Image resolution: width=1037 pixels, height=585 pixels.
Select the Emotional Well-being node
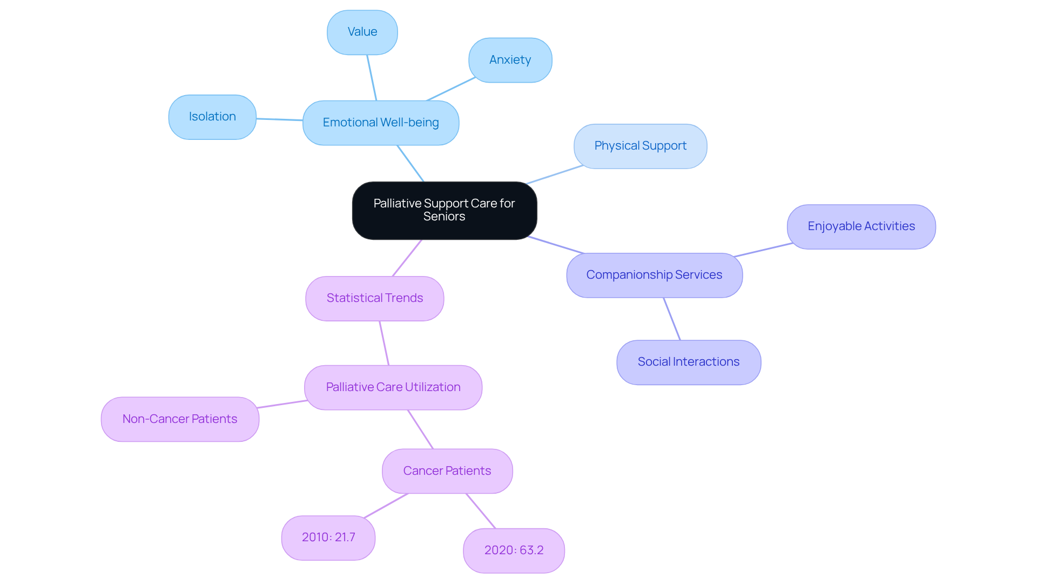tap(381, 123)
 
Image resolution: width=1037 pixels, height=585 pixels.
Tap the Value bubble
tap(362, 32)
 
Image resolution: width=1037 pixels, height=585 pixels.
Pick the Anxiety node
tap(510, 60)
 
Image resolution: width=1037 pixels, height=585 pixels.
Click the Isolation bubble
tap(212, 117)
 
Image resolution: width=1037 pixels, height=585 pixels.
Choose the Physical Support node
tap(640, 146)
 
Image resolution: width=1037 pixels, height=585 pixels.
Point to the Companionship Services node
tap(654, 275)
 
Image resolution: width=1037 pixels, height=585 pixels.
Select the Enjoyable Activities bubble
tap(861, 226)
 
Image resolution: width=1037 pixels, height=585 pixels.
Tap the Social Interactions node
tap(689, 362)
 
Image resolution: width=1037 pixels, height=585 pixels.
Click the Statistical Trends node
tap(374, 298)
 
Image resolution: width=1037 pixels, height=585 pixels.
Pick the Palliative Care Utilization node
tap(393, 387)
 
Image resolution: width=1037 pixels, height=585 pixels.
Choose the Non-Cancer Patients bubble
tap(180, 419)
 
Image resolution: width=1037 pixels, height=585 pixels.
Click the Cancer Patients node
tap(447, 471)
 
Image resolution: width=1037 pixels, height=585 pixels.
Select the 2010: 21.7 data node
tap(328, 537)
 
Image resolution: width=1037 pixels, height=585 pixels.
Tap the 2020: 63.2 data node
tap(514, 550)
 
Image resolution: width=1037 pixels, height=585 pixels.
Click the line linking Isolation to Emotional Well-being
tap(279, 119)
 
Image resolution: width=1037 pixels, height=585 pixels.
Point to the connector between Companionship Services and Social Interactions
tap(672, 319)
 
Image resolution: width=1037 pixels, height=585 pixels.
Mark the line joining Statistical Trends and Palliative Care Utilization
tap(384, 343)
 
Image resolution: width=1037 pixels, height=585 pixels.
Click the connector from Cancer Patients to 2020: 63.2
tap(481, 510)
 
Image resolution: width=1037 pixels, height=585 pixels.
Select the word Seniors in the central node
tap(444, 217)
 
